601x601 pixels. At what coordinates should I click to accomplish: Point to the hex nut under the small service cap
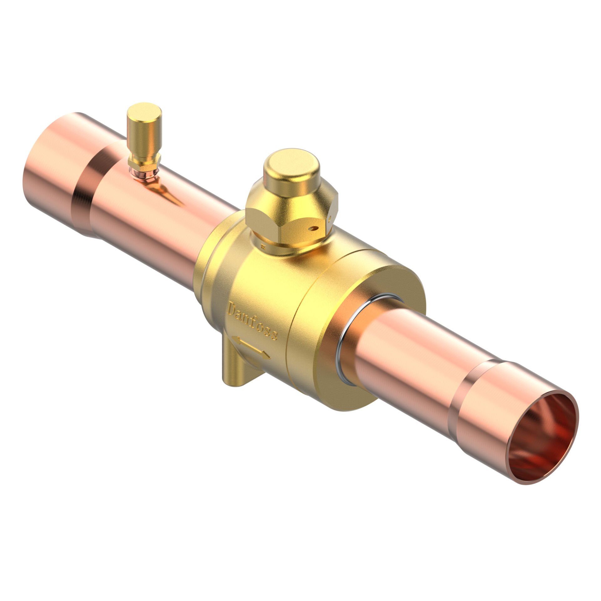144,160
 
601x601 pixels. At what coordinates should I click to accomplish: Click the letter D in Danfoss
232,310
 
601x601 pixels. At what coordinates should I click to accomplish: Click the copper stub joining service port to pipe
142,174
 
